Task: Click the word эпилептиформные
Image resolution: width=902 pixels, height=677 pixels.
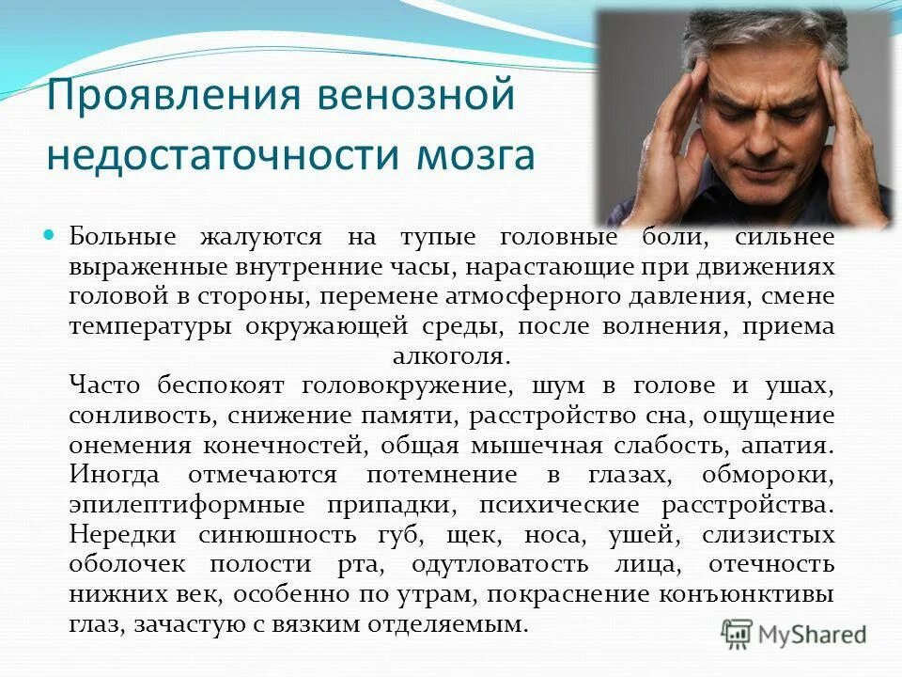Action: tap(186, 505)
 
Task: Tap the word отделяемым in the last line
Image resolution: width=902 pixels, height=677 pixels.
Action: tap(447, 624)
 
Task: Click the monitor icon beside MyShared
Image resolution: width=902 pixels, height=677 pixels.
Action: tap(738, 633)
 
